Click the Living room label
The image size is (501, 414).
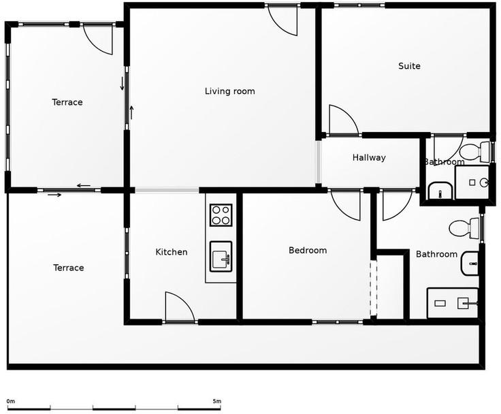point(229,91)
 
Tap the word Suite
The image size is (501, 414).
point(409,66)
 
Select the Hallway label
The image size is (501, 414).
point(369,157)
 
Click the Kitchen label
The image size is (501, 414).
point(172,252)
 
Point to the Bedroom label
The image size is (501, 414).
point(308,251)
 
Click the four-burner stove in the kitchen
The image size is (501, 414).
point(221,215)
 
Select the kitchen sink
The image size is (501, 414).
point(221,257)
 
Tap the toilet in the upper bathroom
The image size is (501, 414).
point(476,152)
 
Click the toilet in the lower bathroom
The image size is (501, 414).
point(464,228)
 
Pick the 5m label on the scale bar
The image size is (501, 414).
point(216,401)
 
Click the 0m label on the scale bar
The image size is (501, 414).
point(11,401)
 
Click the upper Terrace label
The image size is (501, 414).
point(67,102)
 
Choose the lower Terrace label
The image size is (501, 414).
point(68,268)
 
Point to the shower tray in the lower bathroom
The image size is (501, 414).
point(453,303)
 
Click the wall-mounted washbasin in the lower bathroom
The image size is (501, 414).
point(470,264)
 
